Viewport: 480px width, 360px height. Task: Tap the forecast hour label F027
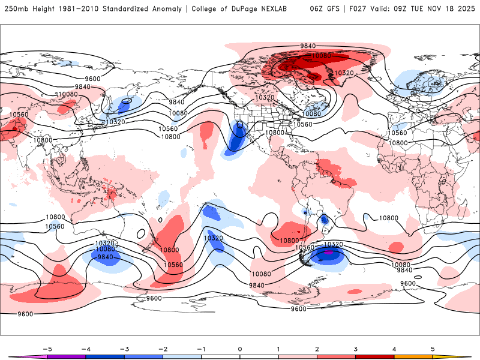(362, 10)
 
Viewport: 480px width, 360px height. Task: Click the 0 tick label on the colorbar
(240, 349)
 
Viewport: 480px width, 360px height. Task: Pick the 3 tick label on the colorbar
(356, 349)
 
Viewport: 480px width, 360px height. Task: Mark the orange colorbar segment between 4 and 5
(413, 358)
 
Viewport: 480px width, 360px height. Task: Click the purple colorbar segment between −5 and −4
(66, 358)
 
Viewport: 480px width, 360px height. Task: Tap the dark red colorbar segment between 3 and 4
(375, 358)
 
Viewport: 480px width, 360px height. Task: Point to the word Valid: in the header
(390, 10)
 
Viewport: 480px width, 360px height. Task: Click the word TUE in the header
(425, 10)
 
